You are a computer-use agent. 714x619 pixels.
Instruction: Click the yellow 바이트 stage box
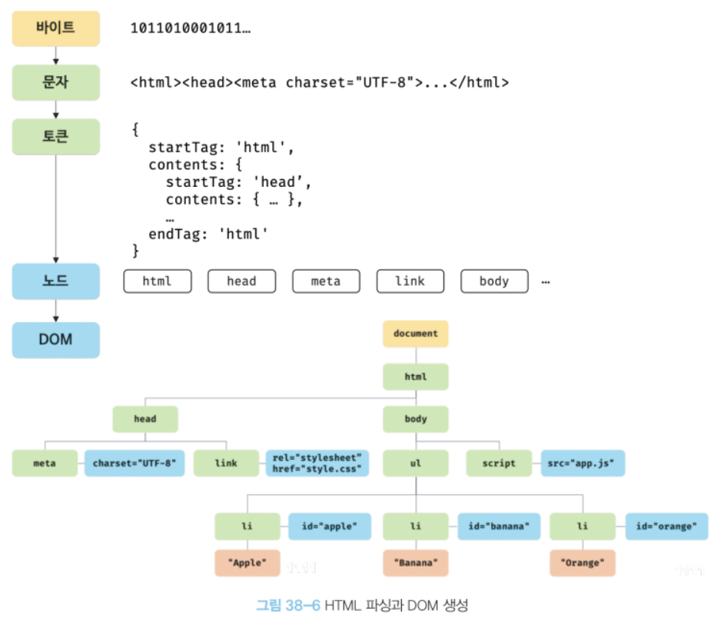[55, 28]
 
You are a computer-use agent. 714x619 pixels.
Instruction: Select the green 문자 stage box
[55, 82]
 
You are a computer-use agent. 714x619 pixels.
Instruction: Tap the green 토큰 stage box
[55, 137]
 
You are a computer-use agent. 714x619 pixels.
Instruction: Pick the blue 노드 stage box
[55, 281]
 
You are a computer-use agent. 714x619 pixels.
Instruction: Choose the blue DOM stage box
[55, 340]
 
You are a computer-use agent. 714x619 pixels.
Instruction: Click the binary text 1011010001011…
[191, 28]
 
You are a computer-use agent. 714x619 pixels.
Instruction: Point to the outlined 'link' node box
[410, 281]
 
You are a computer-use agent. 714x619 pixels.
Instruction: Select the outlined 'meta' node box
[326, 281]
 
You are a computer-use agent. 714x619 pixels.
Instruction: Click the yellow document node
[415, 334]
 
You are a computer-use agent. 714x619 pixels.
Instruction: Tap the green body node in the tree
[415, 419]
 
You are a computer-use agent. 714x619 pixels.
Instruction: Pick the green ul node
[415, 463]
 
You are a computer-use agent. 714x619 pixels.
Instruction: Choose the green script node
[499, 463]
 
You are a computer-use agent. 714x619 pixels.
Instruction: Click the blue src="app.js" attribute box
[583, 463]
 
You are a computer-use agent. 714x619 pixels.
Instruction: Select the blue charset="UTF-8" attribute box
[134, 463]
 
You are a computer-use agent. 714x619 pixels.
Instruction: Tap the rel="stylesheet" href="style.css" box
[317, 463]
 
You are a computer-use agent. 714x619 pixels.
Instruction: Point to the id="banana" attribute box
[499, 526]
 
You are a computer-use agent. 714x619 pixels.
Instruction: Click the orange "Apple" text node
[247, 563]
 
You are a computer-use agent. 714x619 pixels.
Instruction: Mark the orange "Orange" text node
[583, 563]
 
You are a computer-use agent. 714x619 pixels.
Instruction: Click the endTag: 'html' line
[208, 234]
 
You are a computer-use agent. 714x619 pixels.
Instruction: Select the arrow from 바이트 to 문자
[56, 55]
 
